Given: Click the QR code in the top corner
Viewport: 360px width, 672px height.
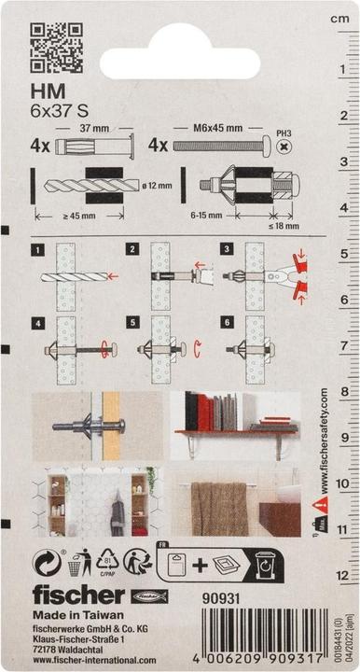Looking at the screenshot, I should coord(57,49).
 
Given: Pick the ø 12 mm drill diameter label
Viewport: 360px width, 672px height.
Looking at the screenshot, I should coord(159,186).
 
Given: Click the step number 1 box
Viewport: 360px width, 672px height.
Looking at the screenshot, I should coord(37,250).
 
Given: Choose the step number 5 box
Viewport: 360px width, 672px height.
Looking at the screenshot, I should coord(132,323).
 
